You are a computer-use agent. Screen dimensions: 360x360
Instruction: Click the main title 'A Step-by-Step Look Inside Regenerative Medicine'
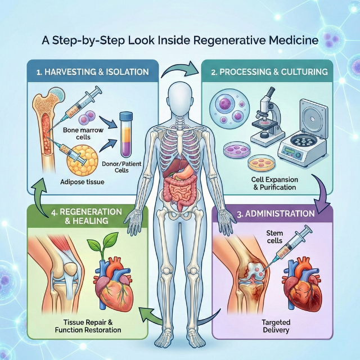[180, 41]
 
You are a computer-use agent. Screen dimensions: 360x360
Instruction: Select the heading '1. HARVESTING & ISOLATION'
[84, 72]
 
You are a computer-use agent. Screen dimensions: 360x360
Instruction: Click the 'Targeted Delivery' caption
[276, 326]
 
